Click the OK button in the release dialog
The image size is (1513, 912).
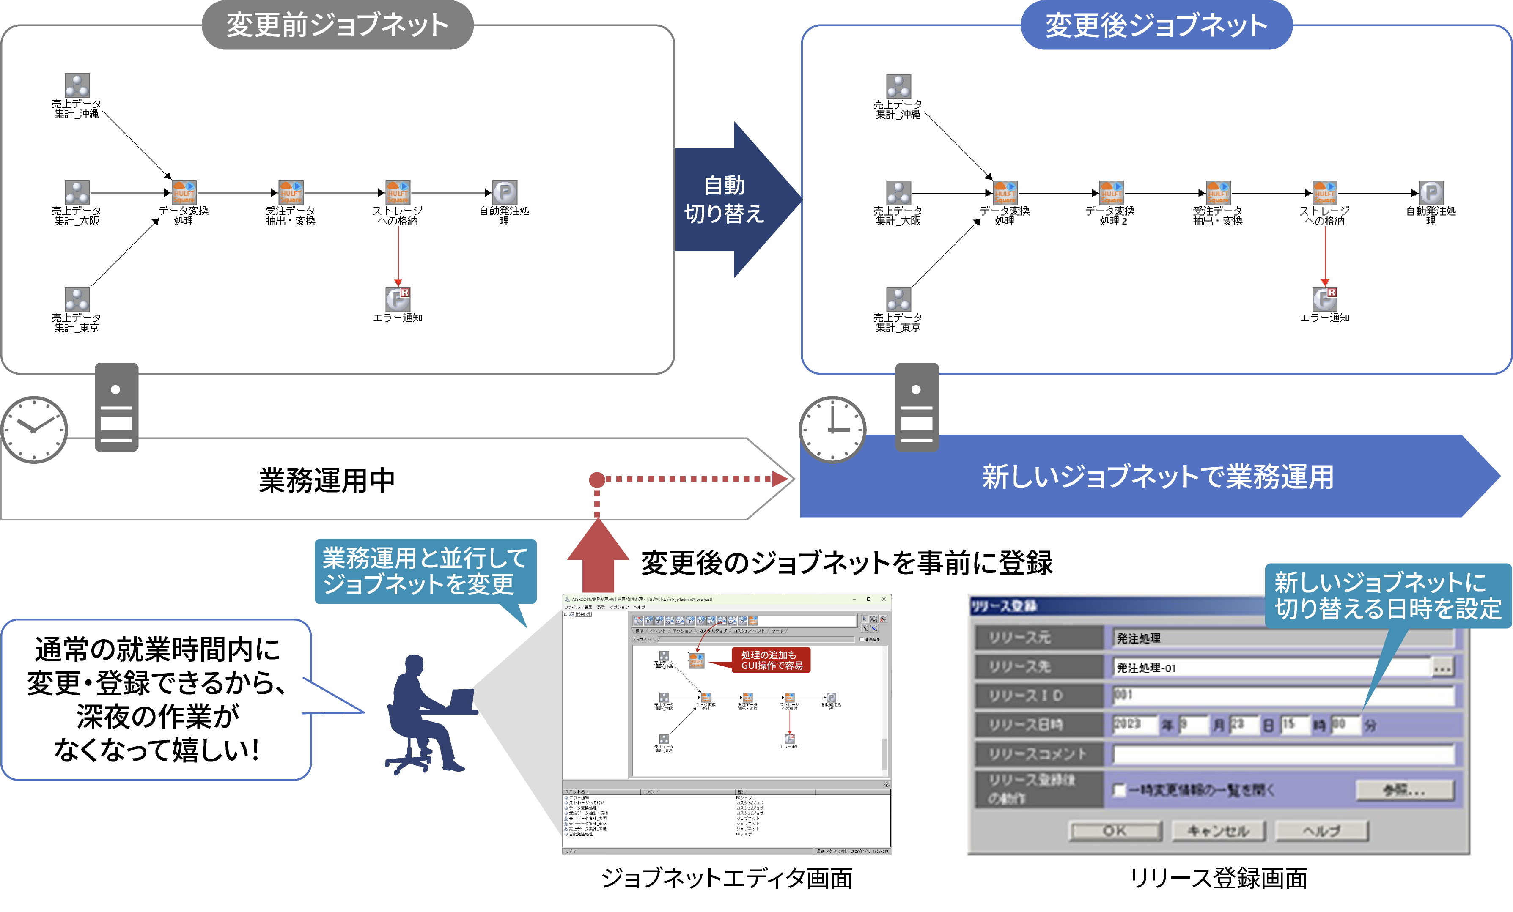1115,831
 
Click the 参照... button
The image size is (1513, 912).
1404,790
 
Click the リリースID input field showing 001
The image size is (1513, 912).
1283,696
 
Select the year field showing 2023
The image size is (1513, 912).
1134,725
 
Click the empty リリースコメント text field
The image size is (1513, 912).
1283,754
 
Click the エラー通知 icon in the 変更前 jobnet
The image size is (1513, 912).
398,299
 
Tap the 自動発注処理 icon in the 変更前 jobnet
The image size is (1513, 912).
505,192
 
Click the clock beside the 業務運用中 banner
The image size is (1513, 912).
34,429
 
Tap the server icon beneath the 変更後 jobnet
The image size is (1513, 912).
917,407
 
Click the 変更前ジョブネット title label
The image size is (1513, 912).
337,25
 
